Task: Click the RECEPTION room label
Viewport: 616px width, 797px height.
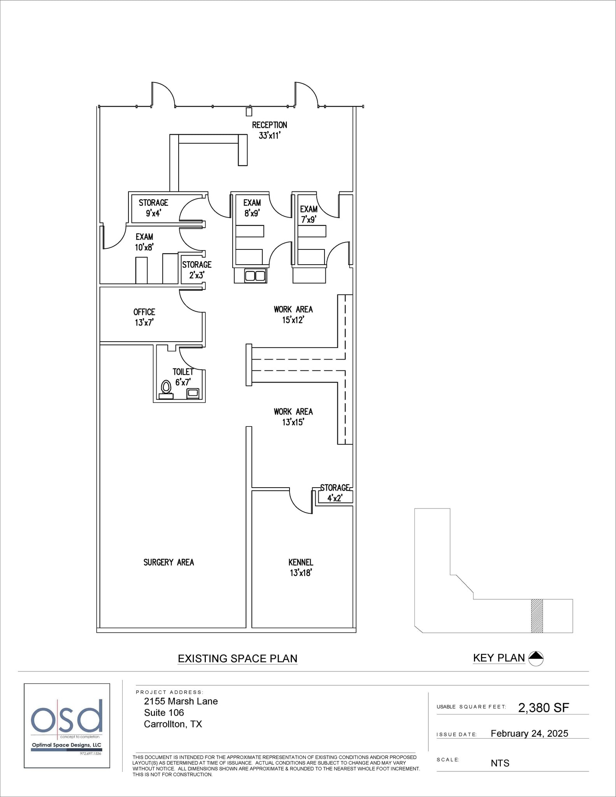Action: [x=269, y=130]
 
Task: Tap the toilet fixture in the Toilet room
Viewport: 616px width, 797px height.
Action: [x=166, y=388]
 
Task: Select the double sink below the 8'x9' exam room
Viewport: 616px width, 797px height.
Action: [x=255, y=276]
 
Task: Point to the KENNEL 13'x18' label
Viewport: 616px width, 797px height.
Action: [x=301, y=567]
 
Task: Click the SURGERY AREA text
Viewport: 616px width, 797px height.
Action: [x=168, y=562]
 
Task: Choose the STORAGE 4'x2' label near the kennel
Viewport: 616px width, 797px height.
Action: [x=335, y=493]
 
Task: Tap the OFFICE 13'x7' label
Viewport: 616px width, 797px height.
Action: [x=144, y=317]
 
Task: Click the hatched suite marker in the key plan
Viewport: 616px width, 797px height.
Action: [x=537, y=616]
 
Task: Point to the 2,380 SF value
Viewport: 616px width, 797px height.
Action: [x=543, y=707]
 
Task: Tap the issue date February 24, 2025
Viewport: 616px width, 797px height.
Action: [x=529, y=734]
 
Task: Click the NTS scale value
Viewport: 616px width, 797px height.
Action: [x=500, y=763]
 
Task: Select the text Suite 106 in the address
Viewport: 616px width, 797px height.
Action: [x=164, y=713]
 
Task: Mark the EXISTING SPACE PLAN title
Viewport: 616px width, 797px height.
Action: [x=237, y=658]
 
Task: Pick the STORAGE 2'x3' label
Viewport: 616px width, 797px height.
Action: [x=197, y=270]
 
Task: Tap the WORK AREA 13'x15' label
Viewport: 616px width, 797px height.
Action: [x=293, y=417]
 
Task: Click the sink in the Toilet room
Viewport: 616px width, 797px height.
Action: [x=193, y=393]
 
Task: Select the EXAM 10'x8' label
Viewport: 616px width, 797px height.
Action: [x=144, y=242]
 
